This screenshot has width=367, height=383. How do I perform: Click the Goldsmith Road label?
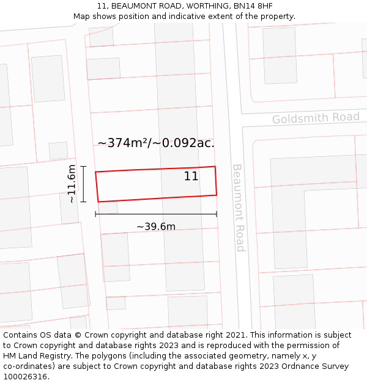[x=316, y=118]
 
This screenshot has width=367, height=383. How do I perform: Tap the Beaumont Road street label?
[x=239, y=207]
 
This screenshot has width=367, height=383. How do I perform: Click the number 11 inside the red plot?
[x=191, y=176]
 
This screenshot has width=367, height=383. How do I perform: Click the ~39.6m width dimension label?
[x=156, y=227]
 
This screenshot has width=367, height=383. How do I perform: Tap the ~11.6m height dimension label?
[x=72, y=184]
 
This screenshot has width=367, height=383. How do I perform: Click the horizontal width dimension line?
[x=156, y=214]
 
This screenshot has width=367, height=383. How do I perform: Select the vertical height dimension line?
[x=84, y=184]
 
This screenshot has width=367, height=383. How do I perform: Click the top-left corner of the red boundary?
[x=95, y=172]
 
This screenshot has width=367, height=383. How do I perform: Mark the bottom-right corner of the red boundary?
[x=217, y=195]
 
